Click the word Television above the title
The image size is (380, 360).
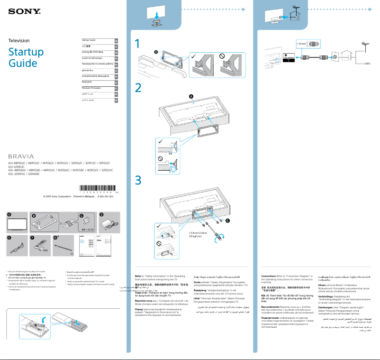pos(19,41)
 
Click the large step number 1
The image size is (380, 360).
pos(138,44)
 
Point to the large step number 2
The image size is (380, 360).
pos(138,88)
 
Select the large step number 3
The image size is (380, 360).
pos(138,180)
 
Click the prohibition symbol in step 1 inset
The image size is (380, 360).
pos(222,56)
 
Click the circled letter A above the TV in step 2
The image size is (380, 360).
pos(192,96)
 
